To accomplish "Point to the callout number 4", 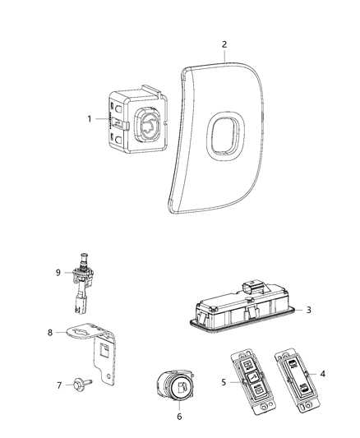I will click(321, 373).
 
